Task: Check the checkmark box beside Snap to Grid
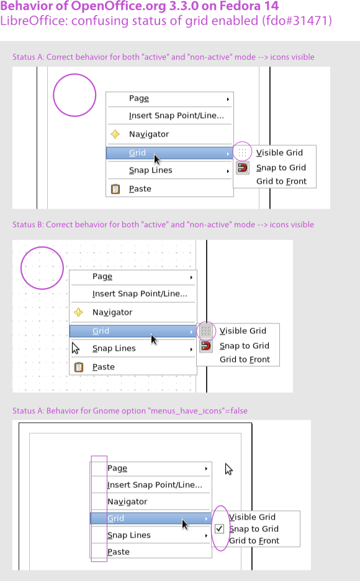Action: pyautogui.click(x=219, y=529)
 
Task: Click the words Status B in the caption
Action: pyautogui.click(x=27, y=225)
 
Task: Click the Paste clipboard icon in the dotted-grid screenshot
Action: pyautogui.click(x=79, y=367)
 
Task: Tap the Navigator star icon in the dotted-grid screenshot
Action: pyautogui.click(x=79, y=312)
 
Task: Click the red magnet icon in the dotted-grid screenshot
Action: pyautogui.click(x=206, y=346)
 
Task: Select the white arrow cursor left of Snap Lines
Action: pyautogui.click(x=76, y=348)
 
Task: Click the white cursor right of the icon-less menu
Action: pyautogui.click(x=229, y=469)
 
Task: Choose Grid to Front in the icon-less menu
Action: pyautogui.click(x=254, y=541)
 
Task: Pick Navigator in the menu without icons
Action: pyautogui.click(x=127, y=502)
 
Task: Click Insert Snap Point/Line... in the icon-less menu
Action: pyautogui.click(x=155, y=485)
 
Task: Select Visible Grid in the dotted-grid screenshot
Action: pyautogui.click(x=243, y=331)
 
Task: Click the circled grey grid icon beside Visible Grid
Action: pyautogui.click(x=206, y=330)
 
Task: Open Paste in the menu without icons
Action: pyautogui.click(x=119, y=552)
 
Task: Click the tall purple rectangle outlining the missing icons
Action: pyautogui.click(x=91, y=509)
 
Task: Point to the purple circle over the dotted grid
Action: pyautogui.click(x=20, y=268)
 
